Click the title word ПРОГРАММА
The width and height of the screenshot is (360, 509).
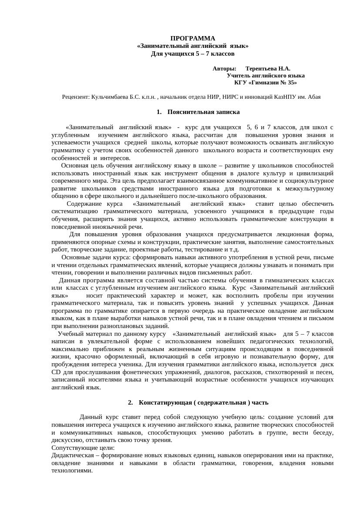tap(192, 38)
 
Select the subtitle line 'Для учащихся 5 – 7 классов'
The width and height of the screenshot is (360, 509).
tap(192, 54)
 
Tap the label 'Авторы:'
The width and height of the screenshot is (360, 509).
tap(225, 69)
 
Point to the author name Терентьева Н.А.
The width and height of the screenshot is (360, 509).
tap(268, 69)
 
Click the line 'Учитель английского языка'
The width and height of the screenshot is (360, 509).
tap(266, 76)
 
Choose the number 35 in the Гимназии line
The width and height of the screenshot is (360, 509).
tap(292, 83)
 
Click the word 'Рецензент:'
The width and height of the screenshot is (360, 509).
tap(76, 97)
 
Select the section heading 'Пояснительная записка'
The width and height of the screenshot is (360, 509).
tap(203, 112)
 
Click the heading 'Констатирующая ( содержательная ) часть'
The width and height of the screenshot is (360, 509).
tap(204, 402)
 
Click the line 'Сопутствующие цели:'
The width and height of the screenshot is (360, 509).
tap(83, 448)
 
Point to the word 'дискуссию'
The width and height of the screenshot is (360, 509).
tap(67, 440)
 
